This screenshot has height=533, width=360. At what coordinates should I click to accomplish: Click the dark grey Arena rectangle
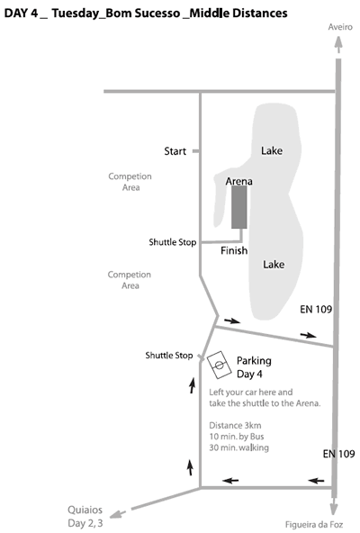click(239, 207)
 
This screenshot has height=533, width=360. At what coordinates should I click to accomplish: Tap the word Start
click(175, 151)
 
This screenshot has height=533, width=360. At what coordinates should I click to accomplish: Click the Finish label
click(234, 250)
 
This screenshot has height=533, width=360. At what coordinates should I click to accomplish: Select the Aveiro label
click(340, 27)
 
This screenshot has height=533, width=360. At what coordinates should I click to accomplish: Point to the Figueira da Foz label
click(314, 525)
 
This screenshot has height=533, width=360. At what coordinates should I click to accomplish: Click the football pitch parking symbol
click(220, 365)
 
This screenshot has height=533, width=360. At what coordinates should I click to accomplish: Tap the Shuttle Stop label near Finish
click(173, 242)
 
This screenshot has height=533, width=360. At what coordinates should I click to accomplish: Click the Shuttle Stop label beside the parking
click(169, 356)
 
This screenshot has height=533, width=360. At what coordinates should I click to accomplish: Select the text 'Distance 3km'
click(235, 425)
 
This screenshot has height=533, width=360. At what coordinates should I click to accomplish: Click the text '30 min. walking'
click(238, 447)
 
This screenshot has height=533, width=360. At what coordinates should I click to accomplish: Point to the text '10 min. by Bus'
click(237, 436)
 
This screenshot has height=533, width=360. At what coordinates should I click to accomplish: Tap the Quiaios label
click(85, 510)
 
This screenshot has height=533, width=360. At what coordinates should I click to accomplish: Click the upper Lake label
click(272, 150)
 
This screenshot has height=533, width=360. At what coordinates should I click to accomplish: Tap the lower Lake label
click(274, 265)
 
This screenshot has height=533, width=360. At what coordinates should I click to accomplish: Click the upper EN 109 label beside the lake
click(316, 309)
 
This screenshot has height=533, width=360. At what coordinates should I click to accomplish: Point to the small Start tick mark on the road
click(195, 151)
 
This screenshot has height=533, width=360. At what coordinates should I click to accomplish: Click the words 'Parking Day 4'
click(254, 367)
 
